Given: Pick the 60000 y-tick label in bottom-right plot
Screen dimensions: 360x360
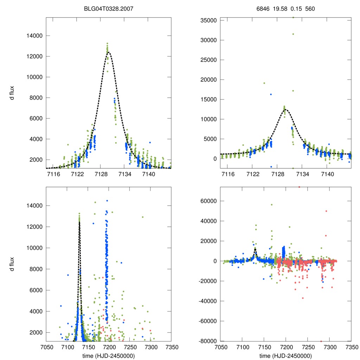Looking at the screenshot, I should coord(207,201).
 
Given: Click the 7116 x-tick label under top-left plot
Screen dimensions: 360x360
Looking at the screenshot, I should coord(53,174).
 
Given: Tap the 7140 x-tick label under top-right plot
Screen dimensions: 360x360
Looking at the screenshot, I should coord(327,174).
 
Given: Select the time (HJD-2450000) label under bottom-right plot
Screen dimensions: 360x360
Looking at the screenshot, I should coord(285,356).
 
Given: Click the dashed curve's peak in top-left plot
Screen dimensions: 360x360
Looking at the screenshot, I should coord(108,52).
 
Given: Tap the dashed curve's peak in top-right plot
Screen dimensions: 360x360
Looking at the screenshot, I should coord(285,109).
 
